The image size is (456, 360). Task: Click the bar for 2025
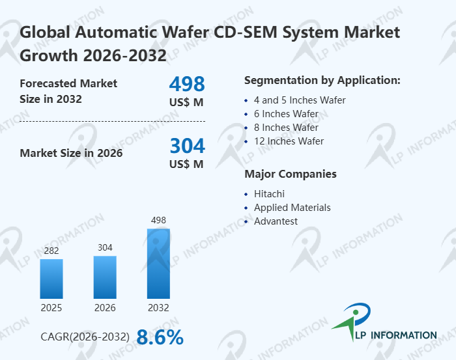tap(51, 279)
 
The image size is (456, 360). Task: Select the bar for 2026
tap(105, 277)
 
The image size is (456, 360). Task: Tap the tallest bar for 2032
tap(158, 263)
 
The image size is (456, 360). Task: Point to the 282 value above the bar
tap(51, 251)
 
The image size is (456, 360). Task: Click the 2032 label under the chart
tap(158, 308)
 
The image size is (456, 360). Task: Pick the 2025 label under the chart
tap(51, 308)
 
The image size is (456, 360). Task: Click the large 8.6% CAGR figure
tap(160, 337)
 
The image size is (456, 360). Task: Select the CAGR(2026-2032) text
tap(85, 337)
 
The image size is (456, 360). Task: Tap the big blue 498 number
tap(187, 84)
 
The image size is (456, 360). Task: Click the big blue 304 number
tap(187, 146)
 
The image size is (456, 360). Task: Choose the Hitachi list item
tap(269, 194)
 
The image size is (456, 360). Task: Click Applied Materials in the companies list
tap(292, 208)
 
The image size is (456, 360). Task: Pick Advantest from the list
tap(276, 221)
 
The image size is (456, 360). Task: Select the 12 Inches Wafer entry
tap(289, 141)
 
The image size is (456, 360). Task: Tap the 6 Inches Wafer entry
tap(286, 114)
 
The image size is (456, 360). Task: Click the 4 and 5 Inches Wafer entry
tap(300, 100)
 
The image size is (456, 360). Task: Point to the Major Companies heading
tap(290, 174)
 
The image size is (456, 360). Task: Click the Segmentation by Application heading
tap(322, 81)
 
